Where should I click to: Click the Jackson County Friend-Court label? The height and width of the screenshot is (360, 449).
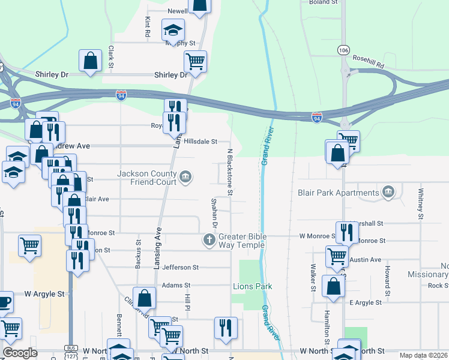click(147, 178)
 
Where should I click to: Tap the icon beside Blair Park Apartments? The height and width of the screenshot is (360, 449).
click(389, 193)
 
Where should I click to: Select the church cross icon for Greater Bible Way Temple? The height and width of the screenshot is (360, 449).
click(209, 241)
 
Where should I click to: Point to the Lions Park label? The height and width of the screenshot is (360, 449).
click(252, 286)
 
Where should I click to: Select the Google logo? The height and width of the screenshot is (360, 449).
click(20, 353)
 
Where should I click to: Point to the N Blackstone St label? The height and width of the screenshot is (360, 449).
click(229, 172)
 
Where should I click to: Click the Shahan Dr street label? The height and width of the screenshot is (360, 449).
click(215, 212)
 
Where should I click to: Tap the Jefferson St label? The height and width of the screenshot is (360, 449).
click(180, 267)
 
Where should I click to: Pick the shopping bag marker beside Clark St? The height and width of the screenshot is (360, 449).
click(90, 61)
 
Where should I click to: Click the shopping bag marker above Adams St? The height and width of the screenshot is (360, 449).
click(145, 298)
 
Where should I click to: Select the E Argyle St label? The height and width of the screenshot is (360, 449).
click(366, 303)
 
